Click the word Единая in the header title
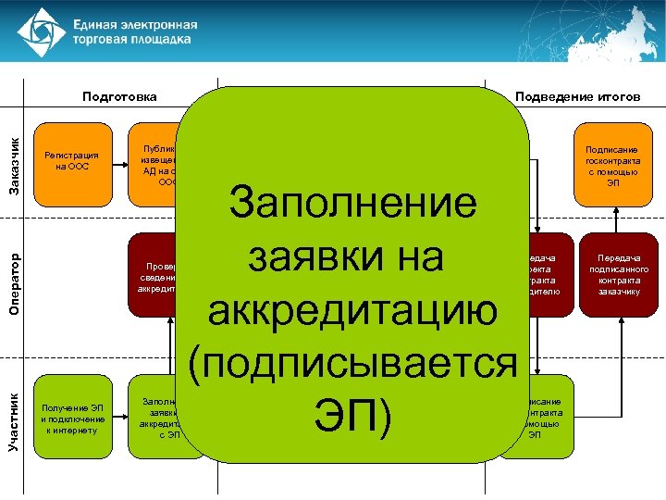tap(99, 23)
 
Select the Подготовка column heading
tap(119, 96)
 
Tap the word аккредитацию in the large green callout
tap(355, 312)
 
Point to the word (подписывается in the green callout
tap(355, 364)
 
